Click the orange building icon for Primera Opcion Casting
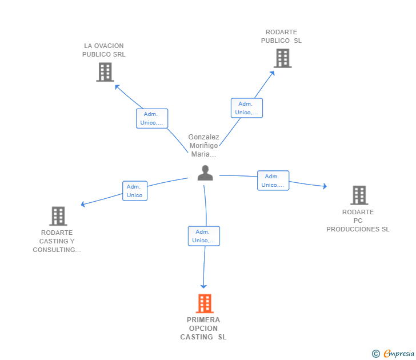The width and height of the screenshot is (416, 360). coord(205,303)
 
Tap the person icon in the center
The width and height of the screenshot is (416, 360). coord(205,173)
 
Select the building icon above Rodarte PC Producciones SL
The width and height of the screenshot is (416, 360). coord(359,195)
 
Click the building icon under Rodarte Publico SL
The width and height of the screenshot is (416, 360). coord(282,58)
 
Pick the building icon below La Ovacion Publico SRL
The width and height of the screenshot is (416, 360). coord(105,72)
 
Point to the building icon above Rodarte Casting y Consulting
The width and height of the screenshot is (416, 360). coord(58,216)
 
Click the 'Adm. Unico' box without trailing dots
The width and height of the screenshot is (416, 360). coord(135,191)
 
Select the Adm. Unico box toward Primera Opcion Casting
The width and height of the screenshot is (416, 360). coord(204,236)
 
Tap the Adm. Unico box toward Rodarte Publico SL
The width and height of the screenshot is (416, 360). coord(247,108)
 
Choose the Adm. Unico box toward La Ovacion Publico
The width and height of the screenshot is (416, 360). coord(152,119)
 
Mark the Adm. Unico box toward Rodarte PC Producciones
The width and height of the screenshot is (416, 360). coord(273,181)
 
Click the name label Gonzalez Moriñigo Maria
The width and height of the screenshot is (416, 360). coord(203,145)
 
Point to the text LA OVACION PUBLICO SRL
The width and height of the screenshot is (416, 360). coord(104,50)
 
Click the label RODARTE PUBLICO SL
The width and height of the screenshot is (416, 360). coord(281,37)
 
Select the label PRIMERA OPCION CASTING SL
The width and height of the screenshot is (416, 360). coord(203,329)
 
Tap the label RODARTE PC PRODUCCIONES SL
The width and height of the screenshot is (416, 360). coord(358,221)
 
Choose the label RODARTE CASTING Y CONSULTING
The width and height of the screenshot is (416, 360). coord(57,241)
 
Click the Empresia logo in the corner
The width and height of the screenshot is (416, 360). coord(393,353)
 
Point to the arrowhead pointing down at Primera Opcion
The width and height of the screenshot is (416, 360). coord(203,286)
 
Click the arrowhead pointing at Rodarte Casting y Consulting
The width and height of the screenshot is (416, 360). coord(83,204)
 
